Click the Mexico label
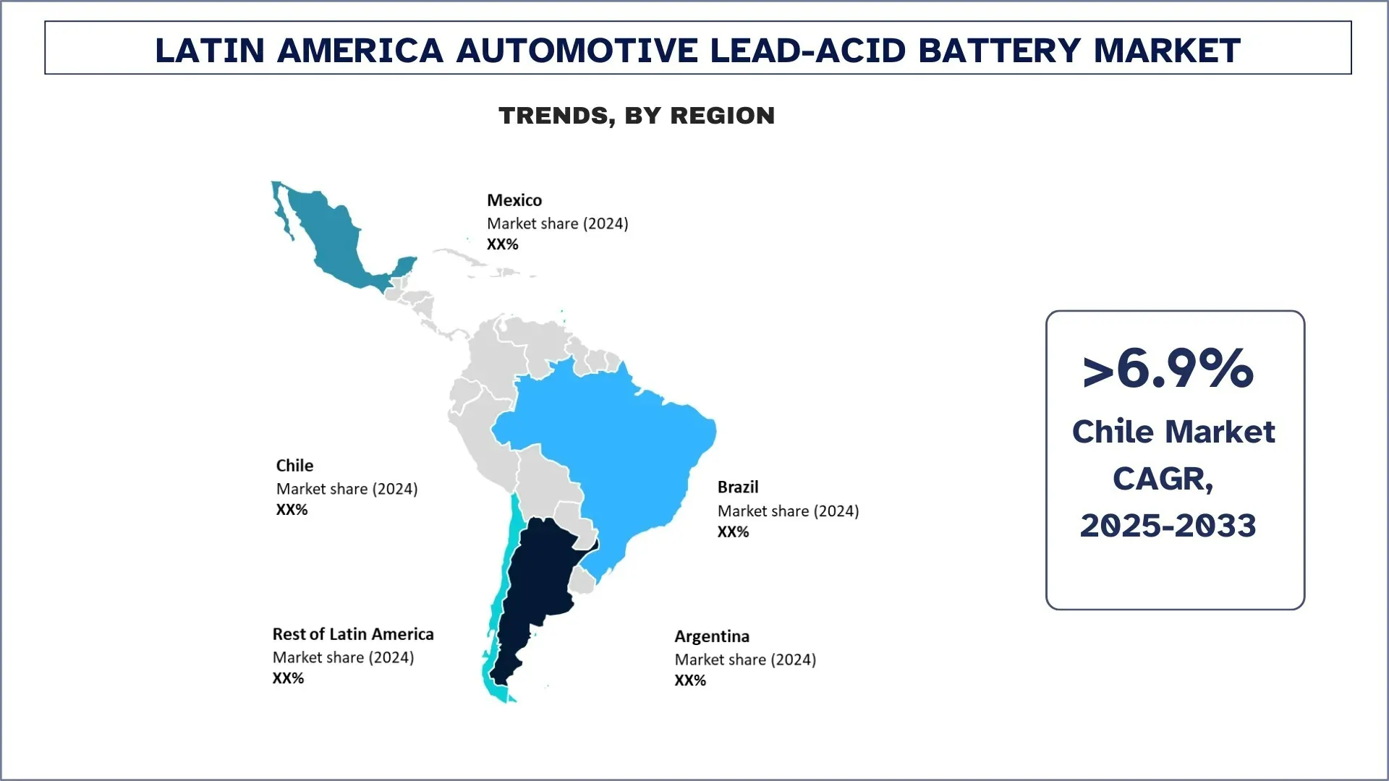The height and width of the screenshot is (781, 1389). [x=514, y=200]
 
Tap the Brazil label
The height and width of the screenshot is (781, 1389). [x=737, y=487]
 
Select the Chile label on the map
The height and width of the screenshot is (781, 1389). [x=294, y=466]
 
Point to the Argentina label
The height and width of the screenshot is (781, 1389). [x=711, y=636]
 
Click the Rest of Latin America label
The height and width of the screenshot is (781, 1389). [x=352, y=634]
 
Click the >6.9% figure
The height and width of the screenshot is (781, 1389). [x=1168, y=369]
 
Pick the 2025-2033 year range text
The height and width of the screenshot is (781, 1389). [x=1168, y=526]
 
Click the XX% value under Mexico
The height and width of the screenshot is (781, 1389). [x=502, y=244]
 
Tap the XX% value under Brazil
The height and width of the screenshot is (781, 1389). [x=733, y=532]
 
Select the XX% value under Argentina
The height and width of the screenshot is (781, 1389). [x=689, y=680]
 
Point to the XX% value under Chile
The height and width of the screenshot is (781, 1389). [x=292, y=510]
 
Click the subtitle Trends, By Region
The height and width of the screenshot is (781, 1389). [x=637, y=116]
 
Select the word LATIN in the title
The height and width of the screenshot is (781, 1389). [x=210, y=51]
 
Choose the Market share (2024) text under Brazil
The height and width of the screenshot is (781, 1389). [x=788, y=511]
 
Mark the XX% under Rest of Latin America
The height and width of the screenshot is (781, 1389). [x=288, y=678]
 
